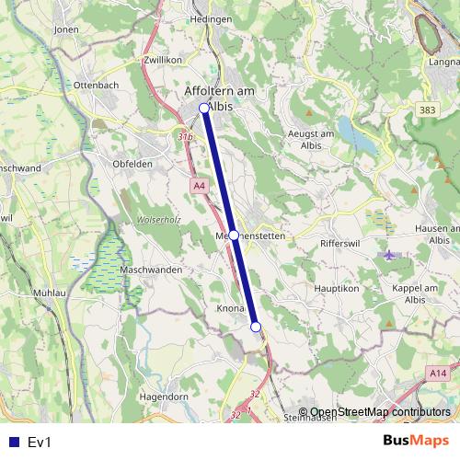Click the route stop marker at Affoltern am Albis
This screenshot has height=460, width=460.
[x=204, y=108]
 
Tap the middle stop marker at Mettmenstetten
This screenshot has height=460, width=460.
[x=234, y=236]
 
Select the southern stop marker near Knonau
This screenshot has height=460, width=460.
[x=256, y=327]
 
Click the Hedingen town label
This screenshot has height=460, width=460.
[x=210, y=18]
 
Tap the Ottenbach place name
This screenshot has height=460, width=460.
[x=98, y=85]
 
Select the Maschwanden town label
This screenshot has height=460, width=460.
[x=150, y=270]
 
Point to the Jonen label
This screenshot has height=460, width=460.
[x=67, y=29]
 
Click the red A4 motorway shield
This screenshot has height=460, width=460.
[x=200, y=186]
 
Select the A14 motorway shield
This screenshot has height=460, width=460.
[x=440, y=373]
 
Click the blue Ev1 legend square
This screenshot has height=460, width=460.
[x=12, y=443]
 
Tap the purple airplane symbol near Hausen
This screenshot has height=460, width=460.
[x=390, y=254]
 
